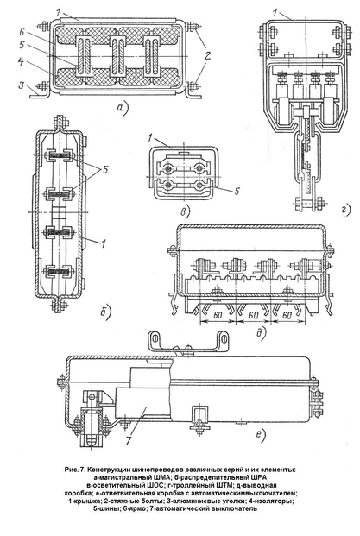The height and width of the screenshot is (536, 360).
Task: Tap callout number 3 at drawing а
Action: pos(22,85)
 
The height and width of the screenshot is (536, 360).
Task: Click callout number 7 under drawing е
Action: pos(129,440)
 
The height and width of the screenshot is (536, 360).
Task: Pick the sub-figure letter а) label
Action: pos(122,108)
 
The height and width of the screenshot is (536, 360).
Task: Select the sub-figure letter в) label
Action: pos(185,212)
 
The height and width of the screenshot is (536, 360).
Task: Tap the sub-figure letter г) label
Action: pos(346,210)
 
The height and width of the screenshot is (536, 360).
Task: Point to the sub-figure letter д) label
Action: pos(262,332)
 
